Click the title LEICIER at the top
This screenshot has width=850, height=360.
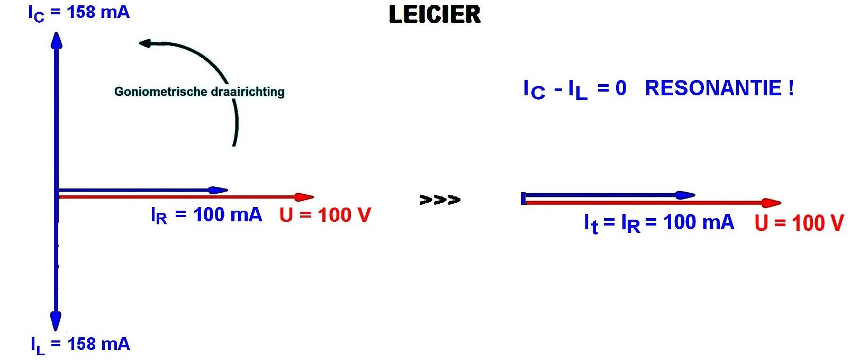[x=435, y=14]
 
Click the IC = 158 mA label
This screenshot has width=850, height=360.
[x=79, y=13]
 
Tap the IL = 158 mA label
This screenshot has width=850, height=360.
[x=80, y=345]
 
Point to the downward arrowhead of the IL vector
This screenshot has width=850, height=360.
[x=56, y=321]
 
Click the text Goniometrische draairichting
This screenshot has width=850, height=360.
[x=199, y=92]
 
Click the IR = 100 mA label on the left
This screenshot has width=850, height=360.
[x=206, y=215]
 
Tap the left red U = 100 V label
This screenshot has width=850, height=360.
[x=325, y=215]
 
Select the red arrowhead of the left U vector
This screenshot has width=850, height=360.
[x=304, y=197]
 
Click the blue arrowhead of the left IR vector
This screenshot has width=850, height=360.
[x=218, y=190]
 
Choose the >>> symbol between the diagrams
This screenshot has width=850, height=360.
[x=439, y=200]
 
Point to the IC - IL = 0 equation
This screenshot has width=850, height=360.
[x=574, y=89]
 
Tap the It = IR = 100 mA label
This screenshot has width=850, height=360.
[x=659, y=222]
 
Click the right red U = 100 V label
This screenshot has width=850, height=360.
[x=799, y=223]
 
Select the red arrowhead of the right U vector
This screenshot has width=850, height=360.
[x=772, y=203]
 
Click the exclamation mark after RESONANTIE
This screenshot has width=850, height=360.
[x=791, y=88]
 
